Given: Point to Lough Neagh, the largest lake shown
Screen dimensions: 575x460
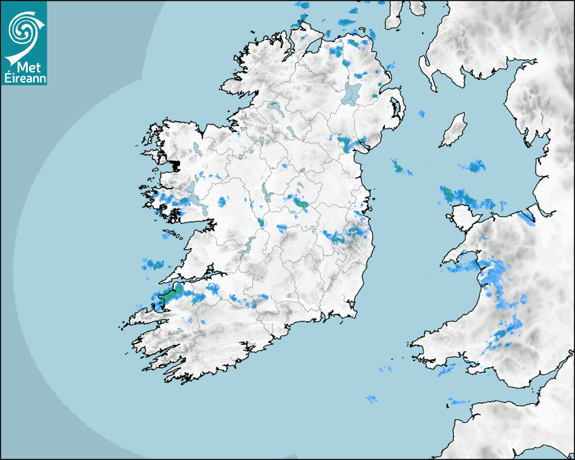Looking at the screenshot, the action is pyautogui.click(x=352, y=93).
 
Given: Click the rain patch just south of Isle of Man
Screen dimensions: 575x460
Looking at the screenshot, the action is pyautogui.click(x=473, y=166).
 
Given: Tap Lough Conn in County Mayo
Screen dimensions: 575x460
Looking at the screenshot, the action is pyautogui.click(x=196, y=147).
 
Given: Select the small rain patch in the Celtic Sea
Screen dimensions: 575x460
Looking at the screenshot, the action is pyautogui.click(x=371, y=399).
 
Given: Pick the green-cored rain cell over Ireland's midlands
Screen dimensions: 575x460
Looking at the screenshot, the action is pyautogui.click(x=298, y=201).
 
